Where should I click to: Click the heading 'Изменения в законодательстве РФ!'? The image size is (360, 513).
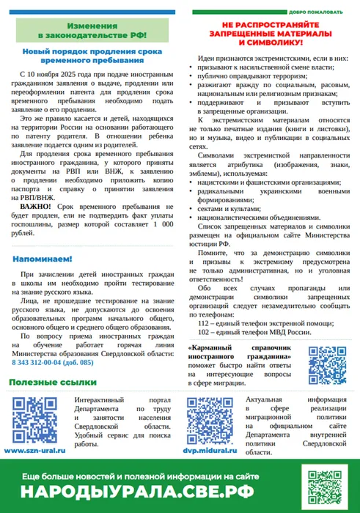click(x=92, y=30)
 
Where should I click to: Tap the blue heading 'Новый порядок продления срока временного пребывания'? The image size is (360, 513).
click(x=92, y=58)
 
